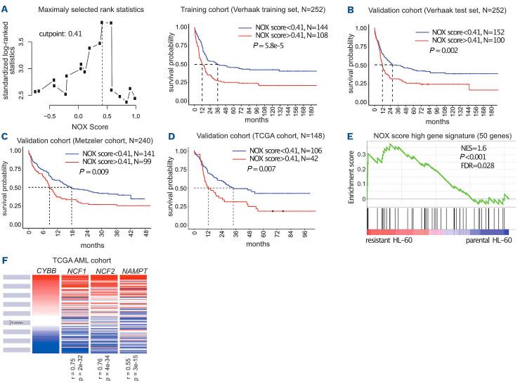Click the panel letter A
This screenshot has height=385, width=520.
[5, 7]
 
